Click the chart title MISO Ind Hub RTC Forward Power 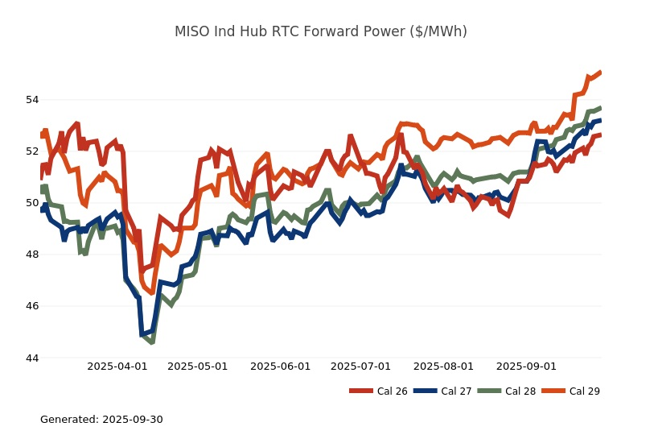[x=321, y=31]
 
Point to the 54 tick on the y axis [x=32, y=100]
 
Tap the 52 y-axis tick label [x=32, y=151]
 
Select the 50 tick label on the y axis [x=32, y=203]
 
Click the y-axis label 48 [x=32, y=255]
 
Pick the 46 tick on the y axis [x=32, y=306]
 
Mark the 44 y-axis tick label [x=32, y=358]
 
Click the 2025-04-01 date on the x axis [x=117, y=367]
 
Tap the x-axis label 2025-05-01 [x=198, y=367]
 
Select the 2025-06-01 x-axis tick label [x=281, y=367]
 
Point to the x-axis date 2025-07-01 [x=360, y=367]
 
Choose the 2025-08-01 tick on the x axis [x=443, y=367]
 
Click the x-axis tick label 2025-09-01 [x=526, y=367]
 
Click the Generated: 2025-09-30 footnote [x=101, y=420]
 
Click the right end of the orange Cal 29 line [x=600, y=72]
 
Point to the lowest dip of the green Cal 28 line [x=151, y=342]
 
